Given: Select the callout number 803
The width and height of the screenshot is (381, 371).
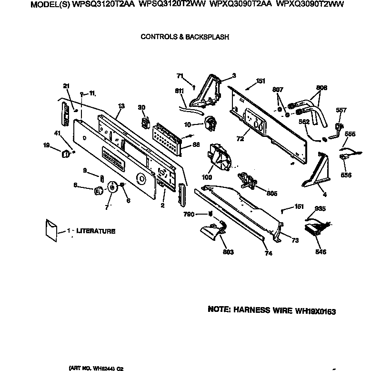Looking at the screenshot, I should coord(228,252).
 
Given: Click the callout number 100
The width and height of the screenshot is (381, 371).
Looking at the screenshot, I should coord(207,177).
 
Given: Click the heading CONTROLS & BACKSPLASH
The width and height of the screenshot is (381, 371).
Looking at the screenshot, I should coord(185,36).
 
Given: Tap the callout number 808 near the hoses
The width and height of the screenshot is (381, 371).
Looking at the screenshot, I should coord(322,88).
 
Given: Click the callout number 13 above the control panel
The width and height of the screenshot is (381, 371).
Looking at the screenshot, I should coord(121,105).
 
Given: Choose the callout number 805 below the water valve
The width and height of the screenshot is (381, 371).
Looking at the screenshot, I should coord(258,193).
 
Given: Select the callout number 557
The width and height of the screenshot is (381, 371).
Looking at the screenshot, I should coord(341,110).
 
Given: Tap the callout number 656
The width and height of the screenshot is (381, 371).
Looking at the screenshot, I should coord(346,175).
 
